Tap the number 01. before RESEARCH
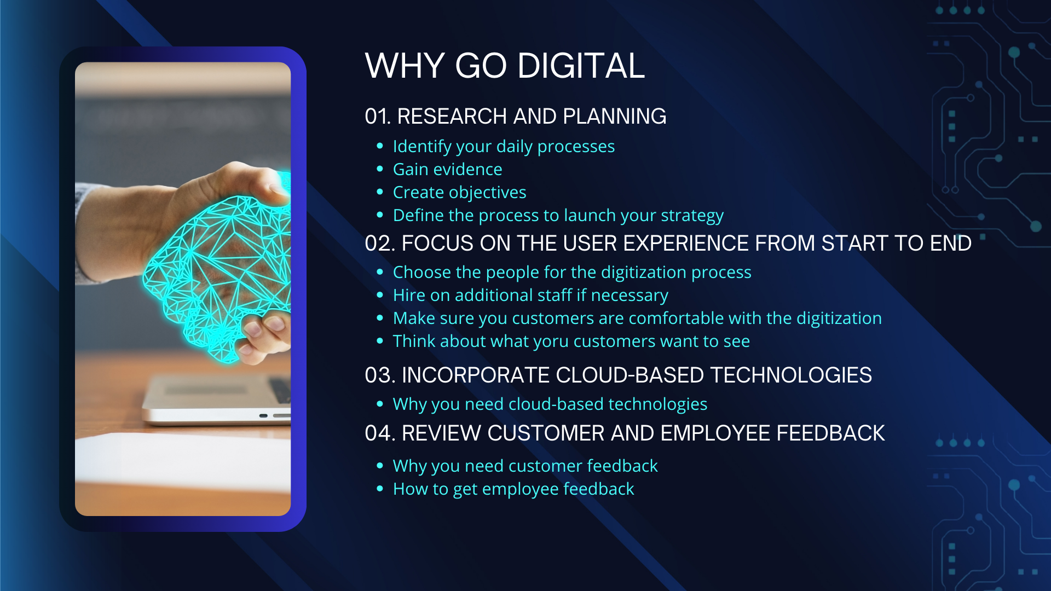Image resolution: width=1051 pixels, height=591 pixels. pos(377,117)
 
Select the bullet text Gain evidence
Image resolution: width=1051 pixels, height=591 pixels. pos(447,170)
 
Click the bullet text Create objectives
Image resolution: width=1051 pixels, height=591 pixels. pos(459,193)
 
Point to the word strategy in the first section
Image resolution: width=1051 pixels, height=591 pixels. pos(692,216)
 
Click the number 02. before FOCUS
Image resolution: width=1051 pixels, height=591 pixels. pos(379,244)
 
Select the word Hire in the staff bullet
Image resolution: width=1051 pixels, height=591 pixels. pos(409,296)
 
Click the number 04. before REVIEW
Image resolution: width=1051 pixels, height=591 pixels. pos(379,433)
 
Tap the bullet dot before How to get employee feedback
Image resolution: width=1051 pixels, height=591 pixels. pos(380,489)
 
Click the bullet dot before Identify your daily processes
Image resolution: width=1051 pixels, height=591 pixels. pos(380,147)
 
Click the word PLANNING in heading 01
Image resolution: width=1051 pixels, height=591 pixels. pos(614,117)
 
